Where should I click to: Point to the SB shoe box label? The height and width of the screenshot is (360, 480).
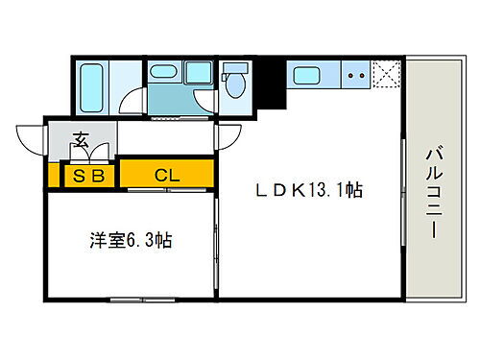click(x=88, y=176)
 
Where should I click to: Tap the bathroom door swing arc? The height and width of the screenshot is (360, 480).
click(x=135, y=103)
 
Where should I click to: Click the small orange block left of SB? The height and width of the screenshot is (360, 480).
click(x=54, y=176)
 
